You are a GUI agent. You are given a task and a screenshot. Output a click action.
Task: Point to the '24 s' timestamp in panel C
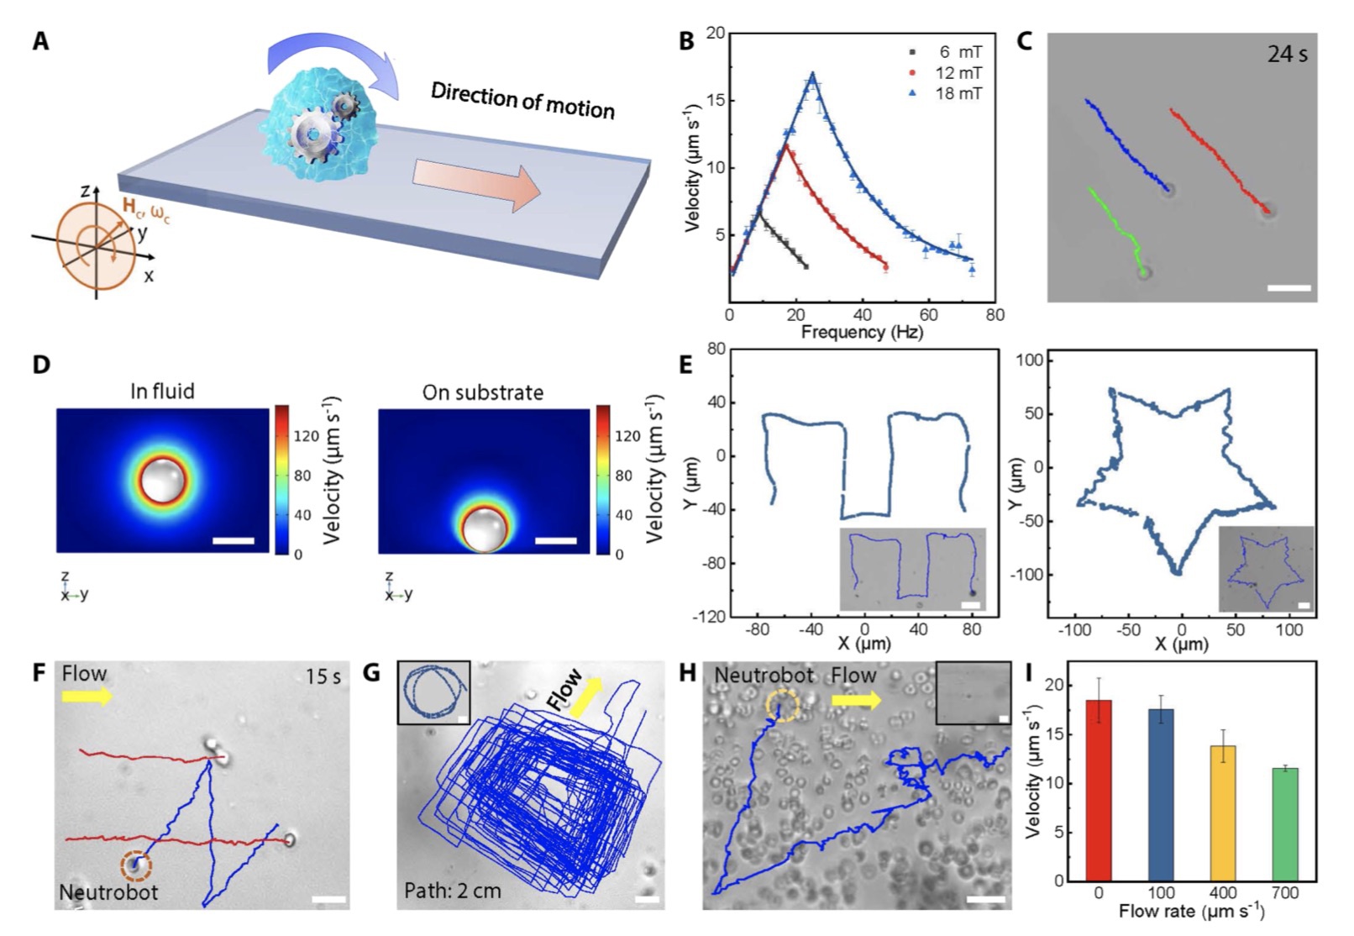[1287, 55]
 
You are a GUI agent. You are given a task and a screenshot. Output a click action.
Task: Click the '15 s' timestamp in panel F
[323, 676]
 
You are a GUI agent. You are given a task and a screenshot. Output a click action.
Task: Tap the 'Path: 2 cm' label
[452, 891]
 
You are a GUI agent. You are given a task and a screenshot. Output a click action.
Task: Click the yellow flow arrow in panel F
[87, 697]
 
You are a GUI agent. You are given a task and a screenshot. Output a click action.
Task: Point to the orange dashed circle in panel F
[136, 865]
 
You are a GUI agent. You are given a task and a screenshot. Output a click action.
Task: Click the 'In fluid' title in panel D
[162, 392]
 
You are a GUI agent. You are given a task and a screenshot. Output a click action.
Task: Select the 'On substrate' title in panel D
[482, 392]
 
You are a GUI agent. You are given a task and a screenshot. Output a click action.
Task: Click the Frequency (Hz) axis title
[861, 333]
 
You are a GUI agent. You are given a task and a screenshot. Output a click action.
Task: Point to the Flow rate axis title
[1191, 911]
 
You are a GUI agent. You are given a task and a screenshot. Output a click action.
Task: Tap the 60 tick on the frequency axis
[928, 315]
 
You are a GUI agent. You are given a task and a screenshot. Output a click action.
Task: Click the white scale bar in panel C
[1288, 288]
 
